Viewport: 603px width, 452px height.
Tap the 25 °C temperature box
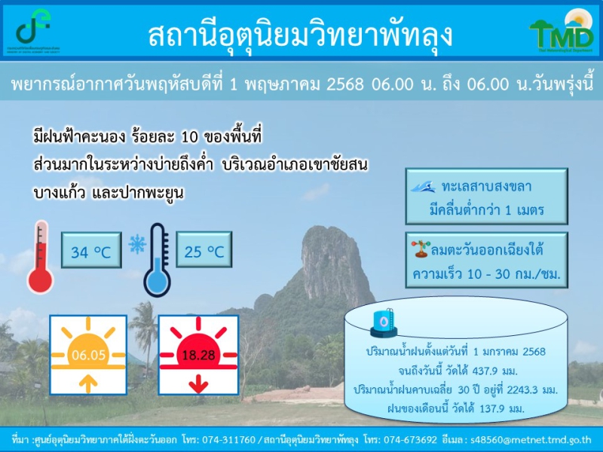[204, 251]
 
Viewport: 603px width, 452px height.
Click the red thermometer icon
[40, 258]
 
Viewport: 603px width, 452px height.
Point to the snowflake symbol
[137, 243]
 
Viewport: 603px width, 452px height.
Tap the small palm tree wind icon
[419, 246]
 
